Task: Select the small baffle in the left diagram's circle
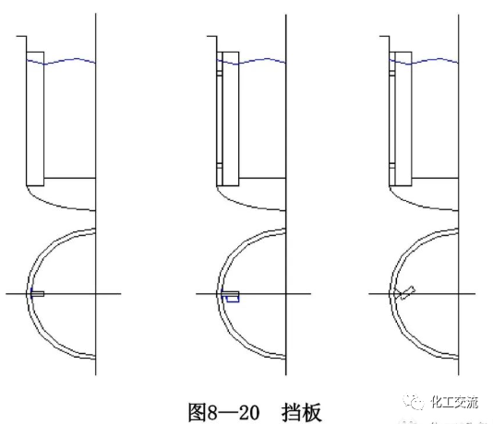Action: [x=37, y=293]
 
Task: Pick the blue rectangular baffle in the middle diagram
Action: [x=232, y=297]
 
